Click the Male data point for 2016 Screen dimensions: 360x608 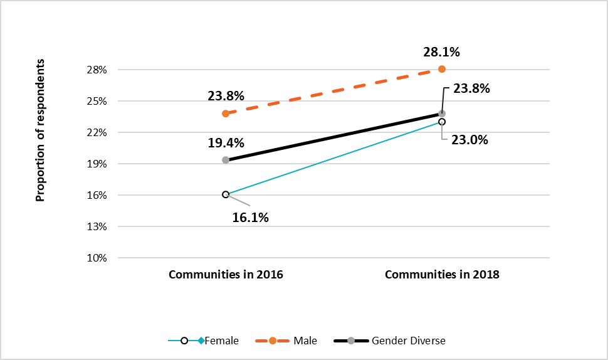tap(226, 114)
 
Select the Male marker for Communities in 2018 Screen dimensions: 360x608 tap(442, 69)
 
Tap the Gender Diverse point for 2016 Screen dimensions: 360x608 tap(226, 160)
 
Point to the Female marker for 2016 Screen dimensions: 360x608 tap(226, 194)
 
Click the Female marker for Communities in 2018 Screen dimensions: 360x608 tap(442, 122)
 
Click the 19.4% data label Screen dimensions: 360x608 tap(226, 143)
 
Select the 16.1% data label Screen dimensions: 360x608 tap(251, 218)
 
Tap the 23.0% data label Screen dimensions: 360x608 tap(470, 140)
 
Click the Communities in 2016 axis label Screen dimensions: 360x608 tap(226, 275)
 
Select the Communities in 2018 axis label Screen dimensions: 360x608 tap(442, 275)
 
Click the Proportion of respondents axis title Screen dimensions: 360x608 tap(41, 130)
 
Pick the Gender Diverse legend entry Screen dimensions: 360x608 tap(408, 341)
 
